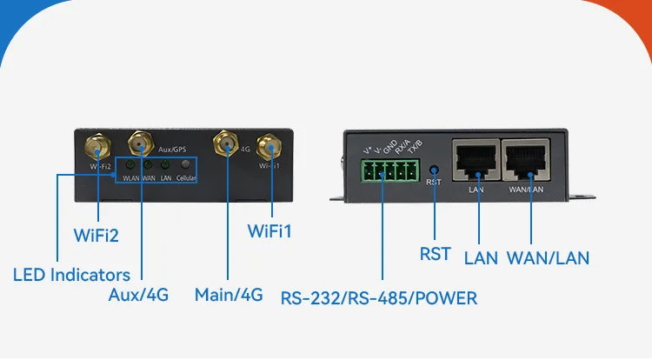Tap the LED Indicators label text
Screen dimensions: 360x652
71,276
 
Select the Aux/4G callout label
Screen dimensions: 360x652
138,296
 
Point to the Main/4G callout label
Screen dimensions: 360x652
229,296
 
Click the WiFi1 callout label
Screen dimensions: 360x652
270,232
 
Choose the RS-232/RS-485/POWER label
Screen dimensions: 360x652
379,298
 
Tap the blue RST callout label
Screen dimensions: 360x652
436,254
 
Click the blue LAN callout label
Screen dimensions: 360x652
481,257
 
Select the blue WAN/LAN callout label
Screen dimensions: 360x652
548,257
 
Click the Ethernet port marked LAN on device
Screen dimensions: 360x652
475,159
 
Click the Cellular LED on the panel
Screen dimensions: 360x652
184,164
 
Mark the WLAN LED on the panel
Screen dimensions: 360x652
130,164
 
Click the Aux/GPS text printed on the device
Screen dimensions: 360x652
172,150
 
